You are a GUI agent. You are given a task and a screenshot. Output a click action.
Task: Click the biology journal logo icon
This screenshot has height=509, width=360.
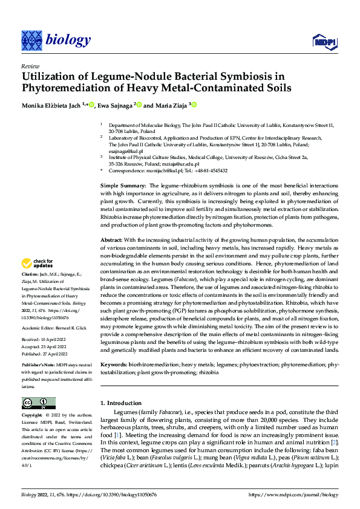(x=30, y=39)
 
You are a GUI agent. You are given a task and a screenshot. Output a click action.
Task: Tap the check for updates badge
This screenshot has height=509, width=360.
(x=37, y=264)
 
